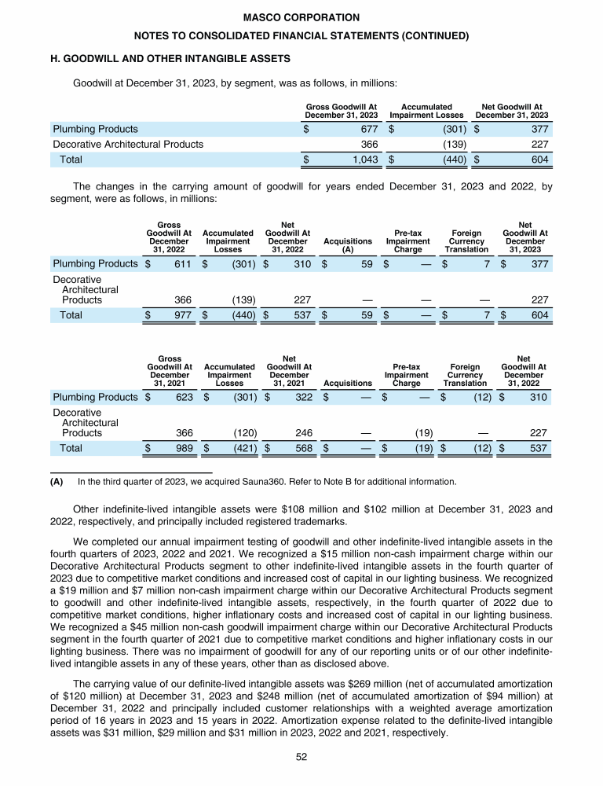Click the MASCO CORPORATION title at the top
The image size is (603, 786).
[x=301, y=17]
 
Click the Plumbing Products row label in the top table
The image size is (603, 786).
[x=95, y=129]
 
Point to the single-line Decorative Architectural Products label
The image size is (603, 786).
[x=128, y=144]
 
